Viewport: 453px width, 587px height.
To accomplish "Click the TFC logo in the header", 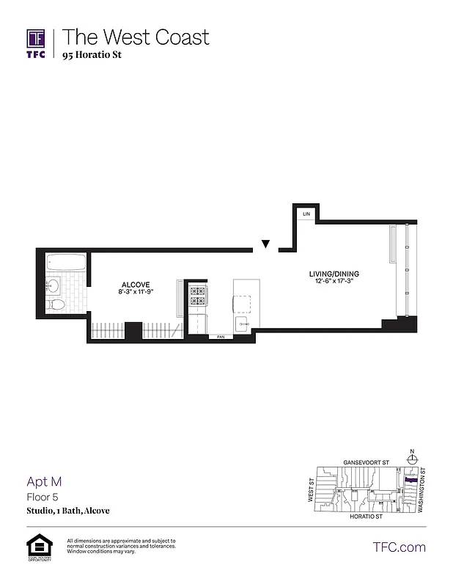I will tap(36, 43).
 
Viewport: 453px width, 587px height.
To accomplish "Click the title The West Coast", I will tap(136, 37).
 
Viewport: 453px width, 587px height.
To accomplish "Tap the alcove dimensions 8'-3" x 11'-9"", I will tap(136, 292).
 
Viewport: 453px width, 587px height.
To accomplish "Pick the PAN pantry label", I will tap(220, 338).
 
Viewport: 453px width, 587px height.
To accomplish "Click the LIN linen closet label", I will tap(306, 213).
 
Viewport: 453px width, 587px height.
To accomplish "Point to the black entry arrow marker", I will tap(266, 244).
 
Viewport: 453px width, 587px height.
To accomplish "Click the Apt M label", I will tap(43, 481).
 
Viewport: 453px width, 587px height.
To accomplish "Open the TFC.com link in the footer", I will tap(399, 547).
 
